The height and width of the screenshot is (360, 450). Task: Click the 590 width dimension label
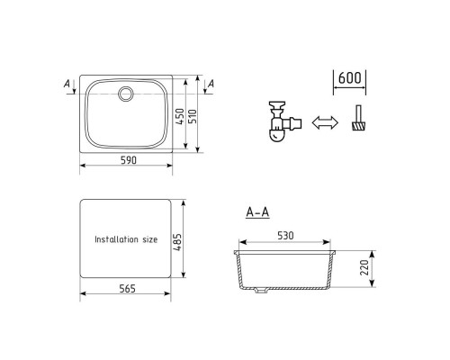129,160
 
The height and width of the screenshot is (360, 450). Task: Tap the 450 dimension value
179,117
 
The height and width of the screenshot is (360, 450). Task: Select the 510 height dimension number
192,116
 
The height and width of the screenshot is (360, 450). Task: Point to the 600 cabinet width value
349,78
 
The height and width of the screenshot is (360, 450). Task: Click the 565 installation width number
128,289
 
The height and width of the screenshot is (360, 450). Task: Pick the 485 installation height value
177,242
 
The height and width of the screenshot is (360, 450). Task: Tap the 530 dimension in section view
285,236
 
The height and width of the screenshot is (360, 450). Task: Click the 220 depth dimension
364,268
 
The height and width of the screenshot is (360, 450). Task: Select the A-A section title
257,212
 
